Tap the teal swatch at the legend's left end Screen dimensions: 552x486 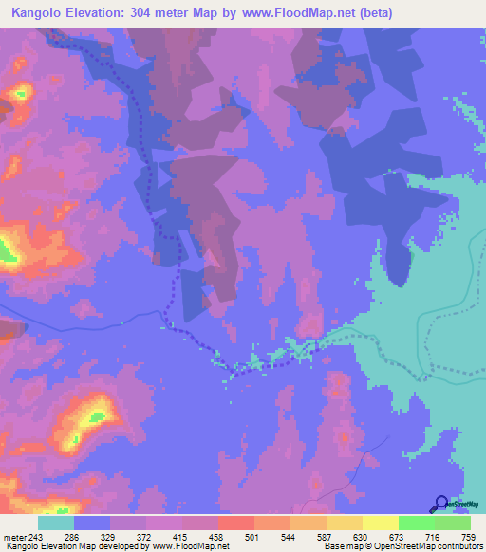pyautogui.click(x=56, y=523)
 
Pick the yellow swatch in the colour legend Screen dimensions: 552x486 pyautogui.click(x=381, y=523)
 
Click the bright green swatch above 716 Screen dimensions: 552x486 pyautogui.click(x=417, y=523)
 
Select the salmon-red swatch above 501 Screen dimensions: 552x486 pyautogui.click(x=236, y=523)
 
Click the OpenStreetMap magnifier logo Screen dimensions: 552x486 pyautogui.click(x=441, y=505)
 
